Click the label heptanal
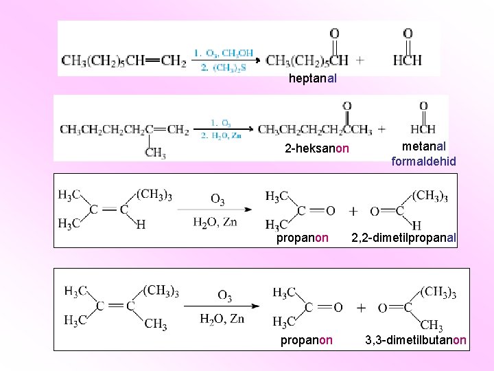pos(312,78)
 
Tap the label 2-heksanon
pos(317,149)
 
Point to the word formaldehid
pos(423,161)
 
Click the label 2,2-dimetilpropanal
pos(403,238)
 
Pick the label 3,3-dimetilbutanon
pos(416,340)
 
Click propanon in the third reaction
pos(303,238)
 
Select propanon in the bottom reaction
pos(307,340)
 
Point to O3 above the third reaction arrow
pos(217,200)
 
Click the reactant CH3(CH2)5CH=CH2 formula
pos(124,60)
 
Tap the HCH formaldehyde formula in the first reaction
pos(408,60)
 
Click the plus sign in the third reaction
pos(353,210)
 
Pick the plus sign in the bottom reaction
pos(361,308)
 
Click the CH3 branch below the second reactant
pos(155,153)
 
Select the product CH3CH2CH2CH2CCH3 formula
pos(315,129)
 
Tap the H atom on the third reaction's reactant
pos(141,224)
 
